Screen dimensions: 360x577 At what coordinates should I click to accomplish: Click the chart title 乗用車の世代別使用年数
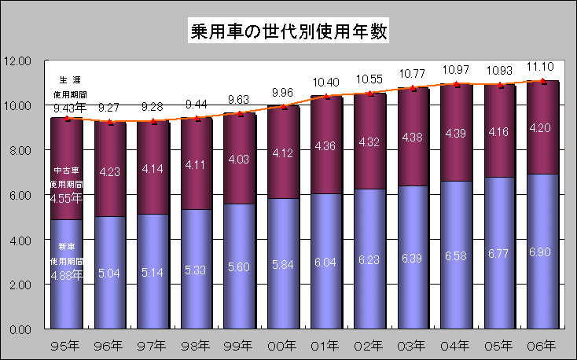pyautogui.click(x=288, y=32)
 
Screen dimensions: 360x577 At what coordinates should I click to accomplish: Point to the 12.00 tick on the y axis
pyautogui.click(x=17, y=61)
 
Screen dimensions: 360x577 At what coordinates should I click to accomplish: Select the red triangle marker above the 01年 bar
pyautogui.click(x=326, y=97)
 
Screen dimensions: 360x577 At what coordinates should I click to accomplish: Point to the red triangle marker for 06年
pyautogui.click(x=543, y=81)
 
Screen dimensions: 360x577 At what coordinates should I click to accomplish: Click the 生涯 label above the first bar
pyautogui.click(x=70, y=81)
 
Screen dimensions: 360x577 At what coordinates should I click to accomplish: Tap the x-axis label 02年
pyautogui.click(x=369, y=344)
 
